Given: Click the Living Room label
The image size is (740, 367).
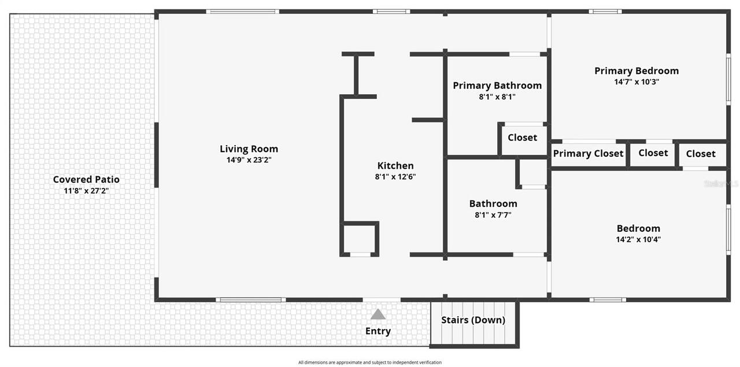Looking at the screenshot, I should pyautogui.click(x=249, y=149).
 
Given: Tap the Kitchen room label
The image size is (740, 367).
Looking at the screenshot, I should pyautogui.click(x=395, y=166).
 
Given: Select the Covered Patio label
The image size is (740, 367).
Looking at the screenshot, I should pyautogui.click(x=86, y=179).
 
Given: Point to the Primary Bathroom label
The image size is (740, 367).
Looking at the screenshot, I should pyautogui.click(x=497, y=86).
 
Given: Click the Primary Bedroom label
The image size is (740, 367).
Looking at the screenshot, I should pyautogui.click(x=637, y=71).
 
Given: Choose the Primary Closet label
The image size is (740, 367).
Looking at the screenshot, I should pyautogui.click(x=588, y=153).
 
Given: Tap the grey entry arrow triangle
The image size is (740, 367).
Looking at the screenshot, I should pyautogui.click(x=378, y=314).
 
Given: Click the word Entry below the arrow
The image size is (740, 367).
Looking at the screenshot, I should pyautogui.click(x=378, y=331).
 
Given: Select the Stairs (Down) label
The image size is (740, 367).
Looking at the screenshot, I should pyautogui.click(x=473, y=320).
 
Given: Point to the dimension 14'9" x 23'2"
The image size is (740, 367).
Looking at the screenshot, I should pyautogui.click(x=249, y=160).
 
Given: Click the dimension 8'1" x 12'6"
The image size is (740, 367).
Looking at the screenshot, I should pyautogui.click(x=395, y=177).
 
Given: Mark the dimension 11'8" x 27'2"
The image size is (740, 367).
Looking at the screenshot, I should pyautogui.click(x=86, y=190).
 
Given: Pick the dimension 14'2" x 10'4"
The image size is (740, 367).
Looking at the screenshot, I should pyautogui.click(x=638, y=239).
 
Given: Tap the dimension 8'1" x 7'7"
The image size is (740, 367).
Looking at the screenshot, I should pyautogui.click(x=493, y=215).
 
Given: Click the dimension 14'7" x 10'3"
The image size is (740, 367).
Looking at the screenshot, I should pyautogui.click(x=637, y=82).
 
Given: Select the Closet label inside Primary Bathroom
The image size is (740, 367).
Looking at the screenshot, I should pyautogui.click(x=522, y=138).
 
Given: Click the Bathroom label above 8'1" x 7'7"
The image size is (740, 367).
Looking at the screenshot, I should pyautogui.click(x=493, y=203).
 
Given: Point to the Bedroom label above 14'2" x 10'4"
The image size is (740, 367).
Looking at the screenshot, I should pyautogui.click(x=638, y=228).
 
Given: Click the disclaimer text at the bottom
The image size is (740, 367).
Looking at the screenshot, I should pyautogui.click(x=370, y=362).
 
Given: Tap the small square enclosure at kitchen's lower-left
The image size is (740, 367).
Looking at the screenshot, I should pyautogui.click(x=360, y=239).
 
